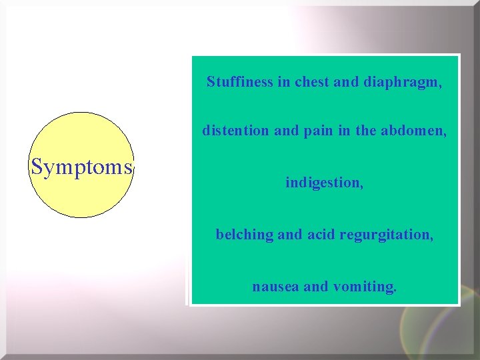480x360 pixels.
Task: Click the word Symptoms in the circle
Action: coord(81,167)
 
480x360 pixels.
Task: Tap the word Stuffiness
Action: coord(239,82)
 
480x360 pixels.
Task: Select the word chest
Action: coord(312,82)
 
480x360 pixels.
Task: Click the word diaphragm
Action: coord(403,83)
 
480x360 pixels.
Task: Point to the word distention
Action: coord(236,131)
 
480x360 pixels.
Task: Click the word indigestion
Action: coord(325,182)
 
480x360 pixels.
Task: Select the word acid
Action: coord(321,235)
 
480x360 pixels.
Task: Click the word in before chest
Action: coord(284,82)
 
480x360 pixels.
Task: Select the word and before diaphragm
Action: coord(346,82)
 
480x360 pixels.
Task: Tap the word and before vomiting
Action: coord(316,287)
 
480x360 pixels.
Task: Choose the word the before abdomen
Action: coord(366,131)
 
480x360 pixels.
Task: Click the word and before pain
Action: coord(287,131)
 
